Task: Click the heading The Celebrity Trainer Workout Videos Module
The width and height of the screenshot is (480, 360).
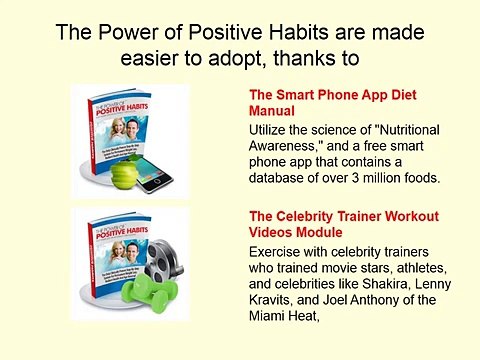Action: click(x=330, y=226)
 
